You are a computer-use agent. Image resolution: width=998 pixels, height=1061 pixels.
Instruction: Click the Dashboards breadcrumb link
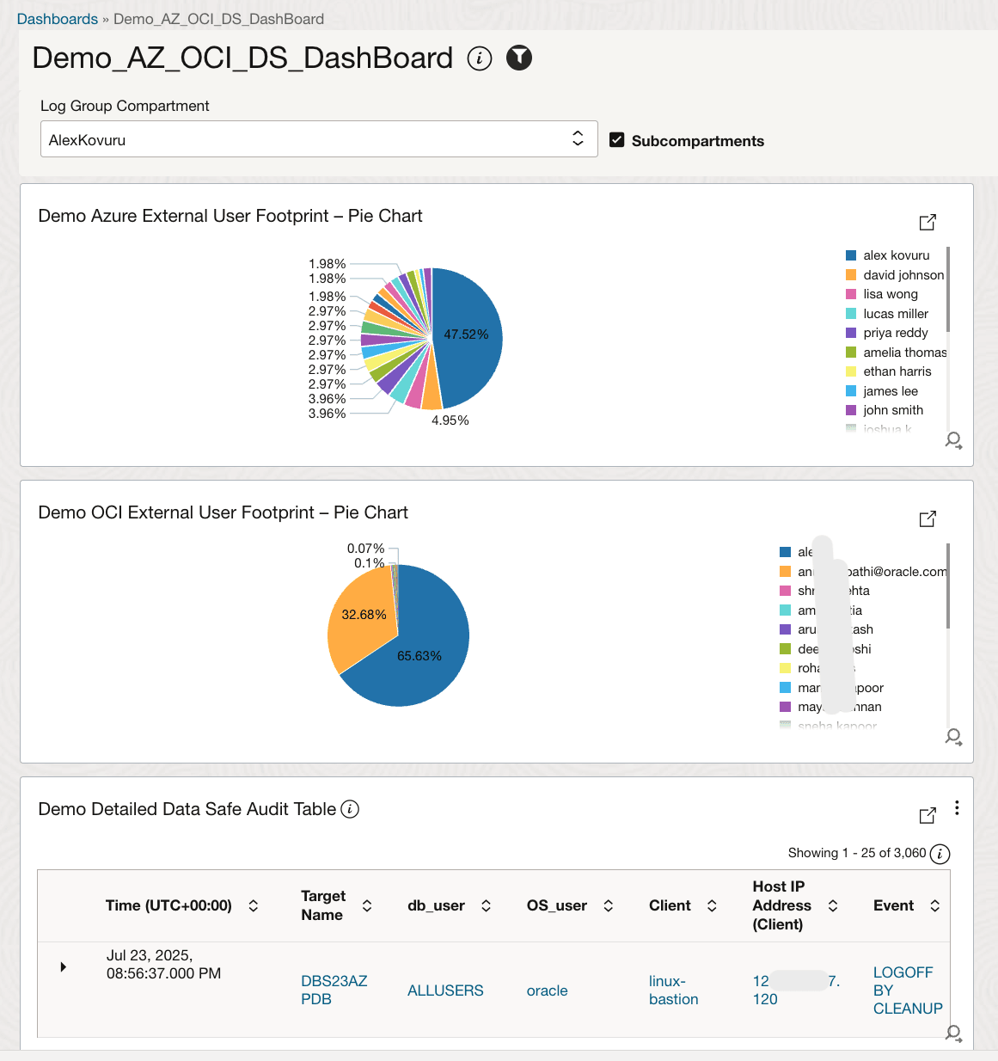[x=57, y=19]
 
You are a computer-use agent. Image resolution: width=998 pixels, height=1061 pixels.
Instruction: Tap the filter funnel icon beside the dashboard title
[x=519, y=58]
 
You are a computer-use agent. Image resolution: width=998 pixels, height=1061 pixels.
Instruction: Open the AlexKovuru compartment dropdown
[x=318, y=139]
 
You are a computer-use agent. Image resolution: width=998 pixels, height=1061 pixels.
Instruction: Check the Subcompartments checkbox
[x=616, y=140]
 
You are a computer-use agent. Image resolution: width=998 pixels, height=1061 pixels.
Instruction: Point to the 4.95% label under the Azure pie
[x=450, y=420]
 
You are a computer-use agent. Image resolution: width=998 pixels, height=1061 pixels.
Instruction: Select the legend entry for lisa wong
[x=890, y=294]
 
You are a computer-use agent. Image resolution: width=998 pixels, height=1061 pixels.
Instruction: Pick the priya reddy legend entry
[x=895, y=333]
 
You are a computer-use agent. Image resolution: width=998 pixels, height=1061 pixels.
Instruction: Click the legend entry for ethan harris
[x=897, y=371]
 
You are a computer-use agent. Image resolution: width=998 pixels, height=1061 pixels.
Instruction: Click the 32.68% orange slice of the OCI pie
[x=361, y=616]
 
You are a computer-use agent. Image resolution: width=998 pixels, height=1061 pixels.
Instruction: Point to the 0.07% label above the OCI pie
[x=365, y=549]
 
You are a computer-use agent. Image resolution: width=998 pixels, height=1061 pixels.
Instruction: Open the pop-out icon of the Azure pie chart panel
[x=928, y=222]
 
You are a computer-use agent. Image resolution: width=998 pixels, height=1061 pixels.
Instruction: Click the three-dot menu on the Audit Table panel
[x=957, y=808]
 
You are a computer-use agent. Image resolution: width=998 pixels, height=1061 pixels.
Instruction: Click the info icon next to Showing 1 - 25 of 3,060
[x=940, y=854]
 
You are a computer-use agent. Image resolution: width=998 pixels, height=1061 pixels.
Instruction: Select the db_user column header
[x=436, y=905]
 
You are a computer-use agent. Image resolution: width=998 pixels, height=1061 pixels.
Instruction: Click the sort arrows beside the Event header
[x=935, y=905]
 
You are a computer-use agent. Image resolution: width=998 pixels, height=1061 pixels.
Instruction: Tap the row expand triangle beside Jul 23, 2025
[x=63, y=967]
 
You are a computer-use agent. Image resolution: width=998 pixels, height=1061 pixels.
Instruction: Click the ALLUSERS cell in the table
[x=445, y=990]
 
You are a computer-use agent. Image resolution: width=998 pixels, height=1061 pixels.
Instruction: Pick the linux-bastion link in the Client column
[x=673, y=990]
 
